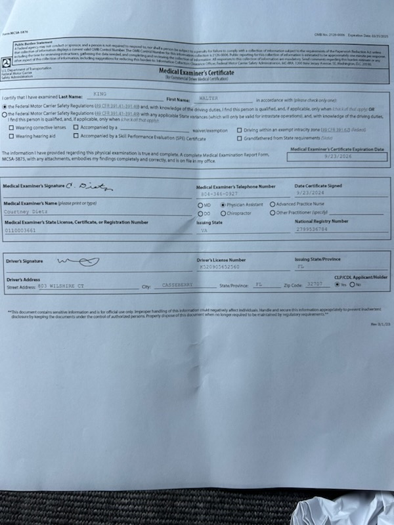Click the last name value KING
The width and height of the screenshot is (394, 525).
pos(100,94)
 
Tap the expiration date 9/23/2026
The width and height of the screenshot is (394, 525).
pos(338,157)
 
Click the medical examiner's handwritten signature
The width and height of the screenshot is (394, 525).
pos(98,187)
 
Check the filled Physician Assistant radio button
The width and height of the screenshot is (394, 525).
pos(223,204)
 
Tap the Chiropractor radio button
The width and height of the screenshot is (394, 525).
pos(223,213)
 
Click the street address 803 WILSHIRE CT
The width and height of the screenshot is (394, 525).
pos(61,286)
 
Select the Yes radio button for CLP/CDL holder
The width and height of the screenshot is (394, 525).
pos(337,285)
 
